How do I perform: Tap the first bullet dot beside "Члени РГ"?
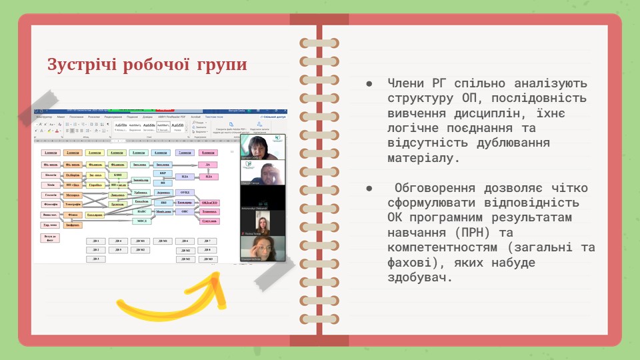(369, 84)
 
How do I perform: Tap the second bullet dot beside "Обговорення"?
(369, 188)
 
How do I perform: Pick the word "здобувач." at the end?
(419, 278)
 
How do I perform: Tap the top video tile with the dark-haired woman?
(263, 148)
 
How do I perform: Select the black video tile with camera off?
(263, 198)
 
